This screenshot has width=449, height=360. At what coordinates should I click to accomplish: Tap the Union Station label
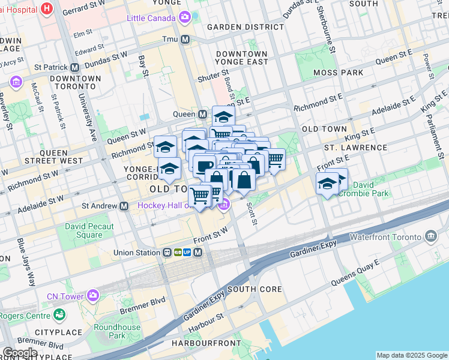(x=137, y=253)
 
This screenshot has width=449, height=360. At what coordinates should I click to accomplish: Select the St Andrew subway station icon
(x=124, y=206)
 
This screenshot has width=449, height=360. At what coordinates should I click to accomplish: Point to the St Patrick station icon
(x=76, y=67)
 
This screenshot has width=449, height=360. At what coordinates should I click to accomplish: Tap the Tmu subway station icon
(x=185, y=40)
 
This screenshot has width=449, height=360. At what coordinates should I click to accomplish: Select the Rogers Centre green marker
(x=59, y=314)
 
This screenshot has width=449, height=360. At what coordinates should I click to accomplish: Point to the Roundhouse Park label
(x=117, y=332)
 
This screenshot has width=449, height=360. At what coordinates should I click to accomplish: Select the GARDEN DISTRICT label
(x=237, y=27)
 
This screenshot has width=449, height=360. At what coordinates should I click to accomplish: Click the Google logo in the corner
(x=20, y=353)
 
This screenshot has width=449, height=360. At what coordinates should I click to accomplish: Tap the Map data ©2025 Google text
(x=411, y=355)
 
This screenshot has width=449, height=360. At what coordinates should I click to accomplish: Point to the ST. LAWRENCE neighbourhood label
(x=355, y=147)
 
